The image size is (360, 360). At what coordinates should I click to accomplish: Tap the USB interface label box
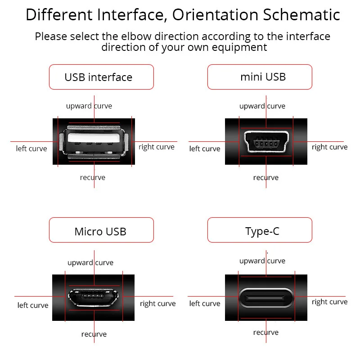pos(101,77)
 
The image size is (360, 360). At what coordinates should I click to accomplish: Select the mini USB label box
pos(260,77)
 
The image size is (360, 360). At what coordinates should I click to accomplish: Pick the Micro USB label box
pos(101,231)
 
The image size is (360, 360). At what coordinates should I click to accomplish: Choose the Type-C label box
pos(260,231)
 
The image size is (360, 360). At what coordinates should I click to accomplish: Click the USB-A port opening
pos(94,141)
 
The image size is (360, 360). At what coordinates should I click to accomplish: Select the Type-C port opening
pos(265,296)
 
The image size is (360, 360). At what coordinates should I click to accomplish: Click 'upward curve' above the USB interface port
pos(89,106)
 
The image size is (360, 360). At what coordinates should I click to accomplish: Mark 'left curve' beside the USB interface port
pos(31,148)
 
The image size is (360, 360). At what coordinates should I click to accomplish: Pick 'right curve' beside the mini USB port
pos(329,147)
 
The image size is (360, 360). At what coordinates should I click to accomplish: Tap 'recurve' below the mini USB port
pos(265,178)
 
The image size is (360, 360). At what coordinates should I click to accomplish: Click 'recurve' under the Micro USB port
pos(94,334)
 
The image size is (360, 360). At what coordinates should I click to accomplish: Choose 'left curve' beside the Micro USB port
pos(33,306)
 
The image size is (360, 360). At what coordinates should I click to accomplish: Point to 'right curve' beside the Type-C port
pos(329,302)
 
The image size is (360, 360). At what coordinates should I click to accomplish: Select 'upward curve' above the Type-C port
pos(262,261)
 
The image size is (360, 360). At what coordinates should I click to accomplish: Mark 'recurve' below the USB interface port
pos(93,177)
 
